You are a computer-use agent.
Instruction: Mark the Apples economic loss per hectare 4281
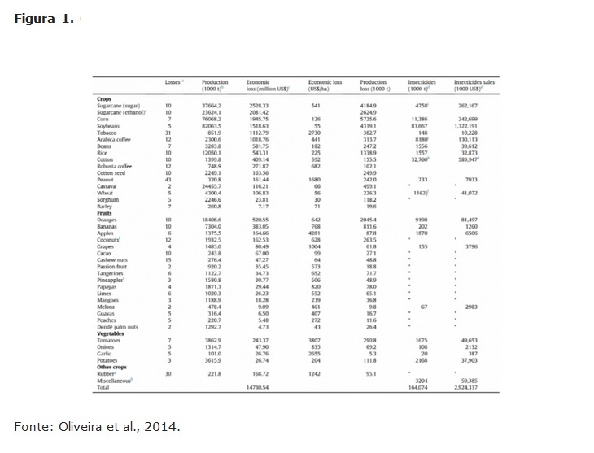pos(317,233)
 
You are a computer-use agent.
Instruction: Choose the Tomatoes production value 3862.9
pos(212,340)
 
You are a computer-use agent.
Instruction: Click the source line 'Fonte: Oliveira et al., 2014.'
pos(96,426)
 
